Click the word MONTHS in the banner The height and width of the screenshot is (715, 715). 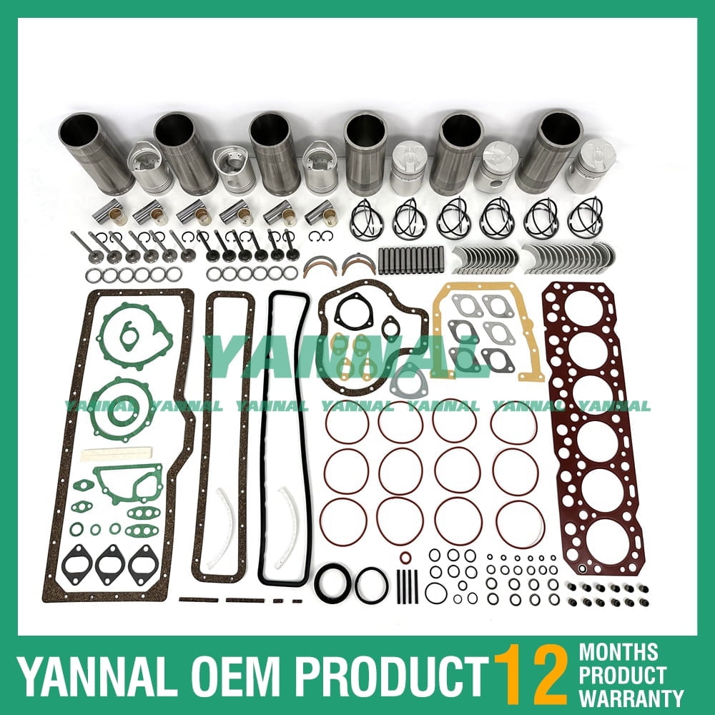coord(618,652)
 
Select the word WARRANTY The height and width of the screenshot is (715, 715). coord(631,696)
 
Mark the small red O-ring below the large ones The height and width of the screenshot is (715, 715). coord(405,558)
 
